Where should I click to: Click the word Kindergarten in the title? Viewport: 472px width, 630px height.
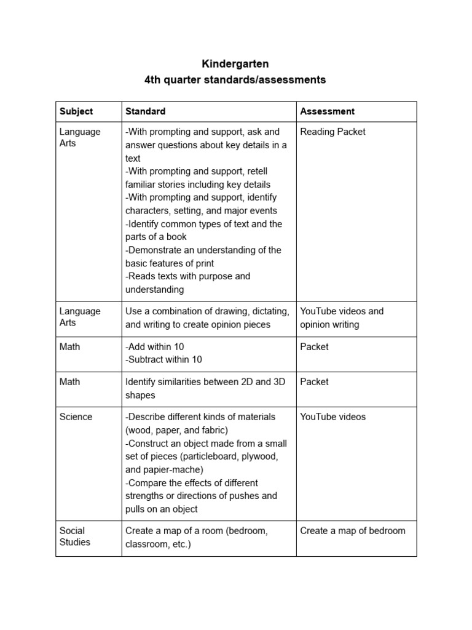click(x=235, y=64)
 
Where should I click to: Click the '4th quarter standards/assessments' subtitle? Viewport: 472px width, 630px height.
click(x=235, y=80)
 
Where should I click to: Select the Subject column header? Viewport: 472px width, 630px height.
click(x=76, y=111)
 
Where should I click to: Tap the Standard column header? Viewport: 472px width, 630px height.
click(x=145, y=111)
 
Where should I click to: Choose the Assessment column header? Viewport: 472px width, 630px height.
click(x=327, y=111)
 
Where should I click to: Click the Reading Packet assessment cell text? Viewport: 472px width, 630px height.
click(x=332, y=132)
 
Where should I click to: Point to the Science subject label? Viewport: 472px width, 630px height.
click(x=76, y=417)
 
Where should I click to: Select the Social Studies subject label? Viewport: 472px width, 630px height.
click(x=74, y=536)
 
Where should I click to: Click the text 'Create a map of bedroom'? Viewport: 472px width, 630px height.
click(x=352, y=531)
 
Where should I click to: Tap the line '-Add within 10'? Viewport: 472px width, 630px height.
click(x=154, y=347)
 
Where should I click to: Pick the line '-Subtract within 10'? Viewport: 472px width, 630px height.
click(x=163, y=360)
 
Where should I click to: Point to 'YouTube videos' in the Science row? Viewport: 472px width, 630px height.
click(x=332, y=417)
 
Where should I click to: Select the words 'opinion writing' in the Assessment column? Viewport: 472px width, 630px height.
click(x=329, y=325)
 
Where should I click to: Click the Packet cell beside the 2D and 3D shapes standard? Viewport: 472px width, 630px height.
click(x=314, y=382)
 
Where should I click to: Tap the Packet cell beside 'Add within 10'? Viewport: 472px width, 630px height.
click(x=314, y=347)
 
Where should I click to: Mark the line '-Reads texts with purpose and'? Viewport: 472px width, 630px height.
click(x=187, y=277)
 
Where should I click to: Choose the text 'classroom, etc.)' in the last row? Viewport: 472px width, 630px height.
click(x=158, y=544)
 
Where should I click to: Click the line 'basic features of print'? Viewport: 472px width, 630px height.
click(x=170, y=264)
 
